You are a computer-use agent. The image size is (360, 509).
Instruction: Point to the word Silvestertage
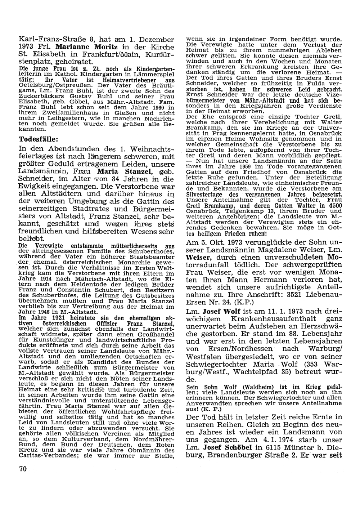click(x=206, y=194)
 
